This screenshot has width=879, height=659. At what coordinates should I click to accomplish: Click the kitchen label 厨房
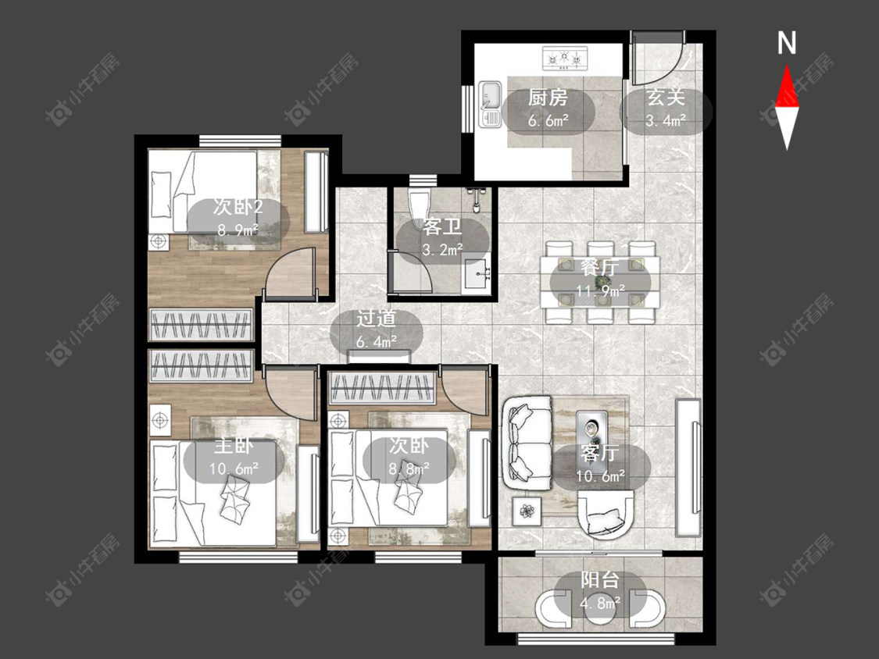[x=547, y=98]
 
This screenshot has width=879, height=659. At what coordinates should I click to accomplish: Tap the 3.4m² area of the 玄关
[x=666, y=120]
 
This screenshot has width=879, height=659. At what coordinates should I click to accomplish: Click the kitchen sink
[x=491, y=104]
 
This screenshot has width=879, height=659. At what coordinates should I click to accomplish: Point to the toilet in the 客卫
[x=418, y=209]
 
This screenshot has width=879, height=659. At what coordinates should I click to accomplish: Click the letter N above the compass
[x=787, y=43]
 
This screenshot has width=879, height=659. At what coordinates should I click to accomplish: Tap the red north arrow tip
[x=787, y=65]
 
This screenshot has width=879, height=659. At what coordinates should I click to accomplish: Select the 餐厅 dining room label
[x=600, y=267]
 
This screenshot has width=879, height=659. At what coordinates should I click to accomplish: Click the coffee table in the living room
[x=592, y=433]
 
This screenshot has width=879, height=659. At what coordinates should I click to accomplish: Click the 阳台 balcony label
[x=600, y=579]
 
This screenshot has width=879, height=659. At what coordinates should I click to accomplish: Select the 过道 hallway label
[x=376, y=319]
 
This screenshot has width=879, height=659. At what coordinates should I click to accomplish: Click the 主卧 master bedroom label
[x=234, y=446]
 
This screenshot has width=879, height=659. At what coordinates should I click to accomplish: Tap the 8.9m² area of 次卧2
[x=238, y=230]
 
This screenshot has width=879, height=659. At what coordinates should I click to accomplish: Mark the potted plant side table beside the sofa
[x=527, y=511]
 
